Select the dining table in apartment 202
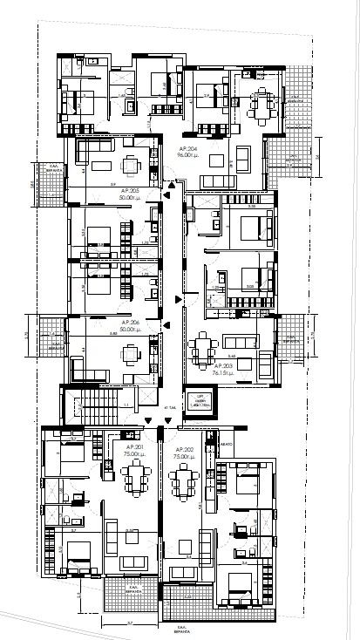click(184, 479)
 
